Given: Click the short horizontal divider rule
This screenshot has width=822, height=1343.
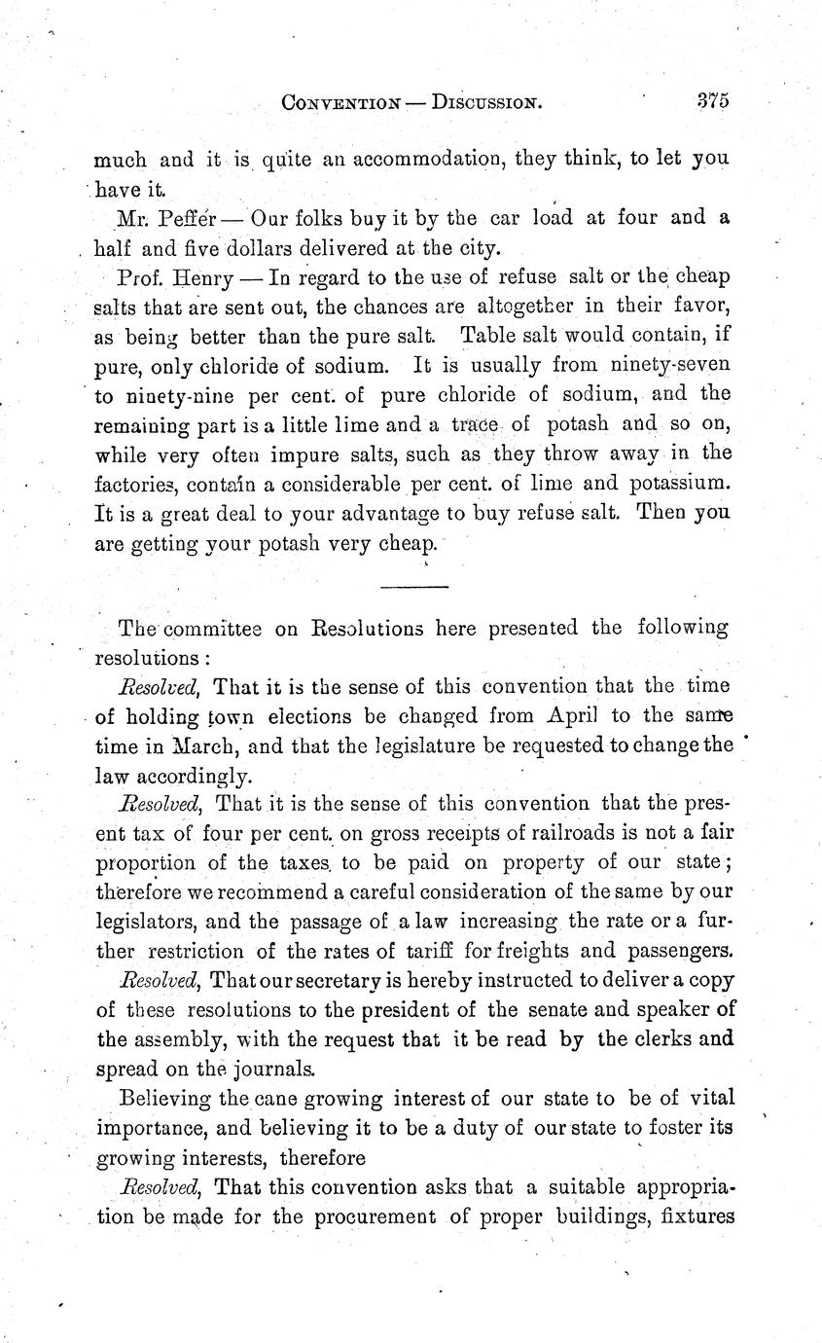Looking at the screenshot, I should (x=413, y=586).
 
